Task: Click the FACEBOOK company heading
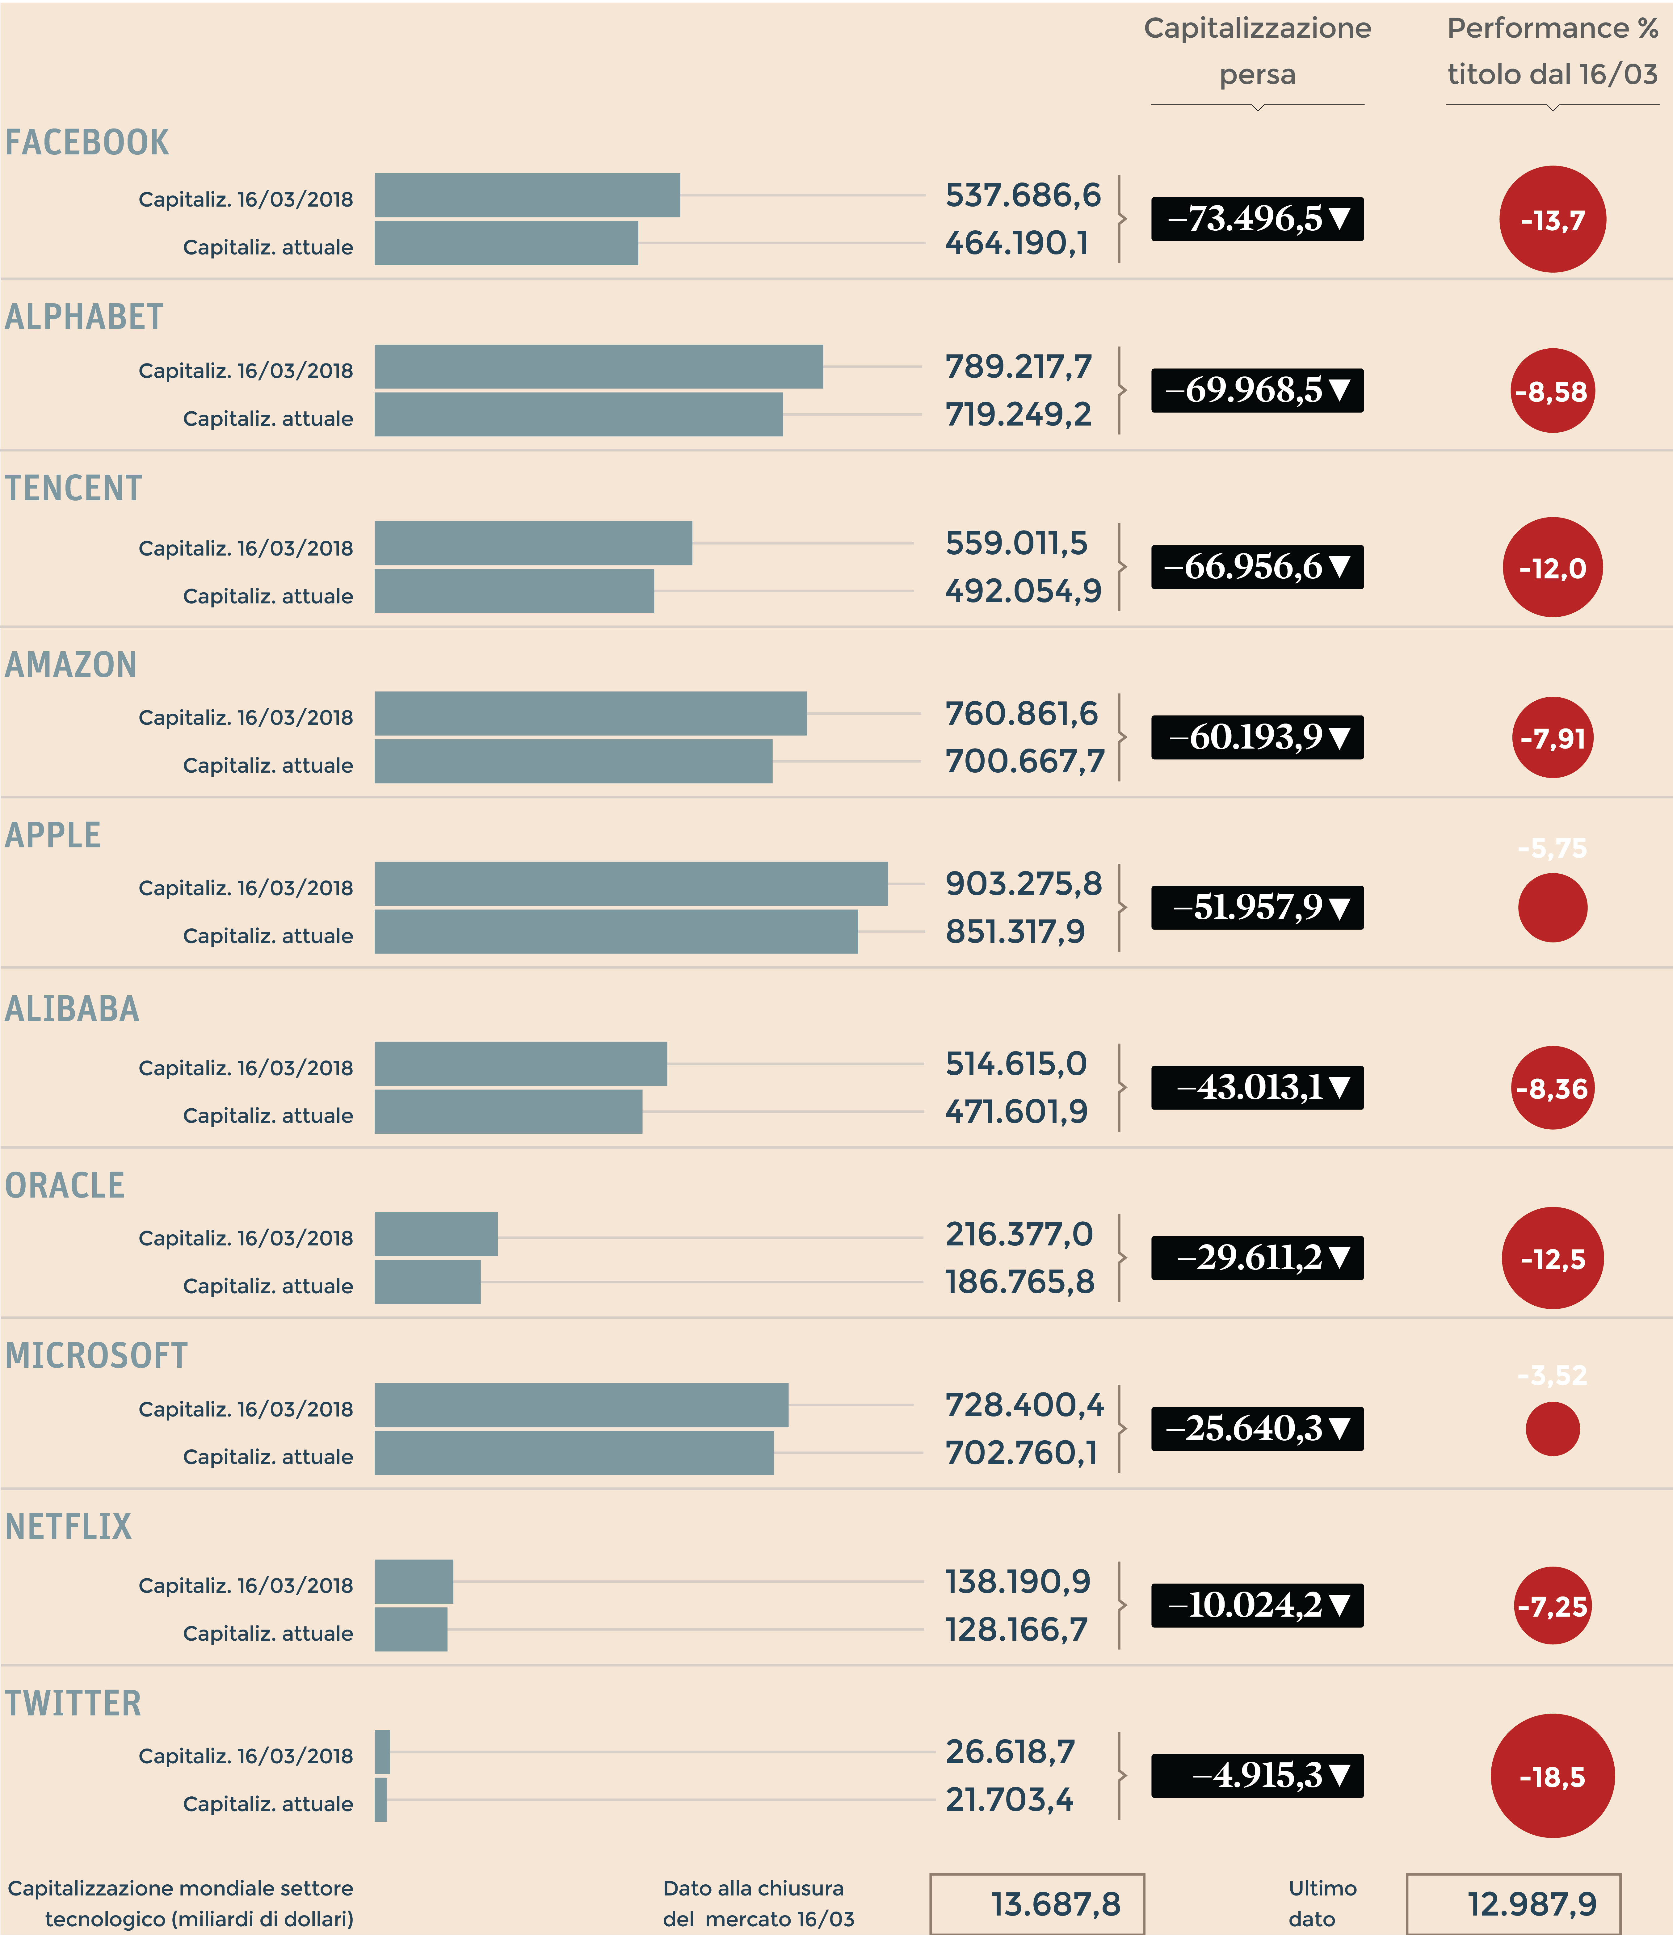coord(87,143)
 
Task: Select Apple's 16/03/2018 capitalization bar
coord(631,884)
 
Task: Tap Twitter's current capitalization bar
coord(380,1800)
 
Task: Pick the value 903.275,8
coord(1023,884)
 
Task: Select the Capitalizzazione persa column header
coord(1257,51)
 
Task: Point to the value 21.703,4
coord(1009,1800)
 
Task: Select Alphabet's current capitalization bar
coord(578,415)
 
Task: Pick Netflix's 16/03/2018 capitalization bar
coord(414,1581)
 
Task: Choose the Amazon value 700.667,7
coord(1024,761)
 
